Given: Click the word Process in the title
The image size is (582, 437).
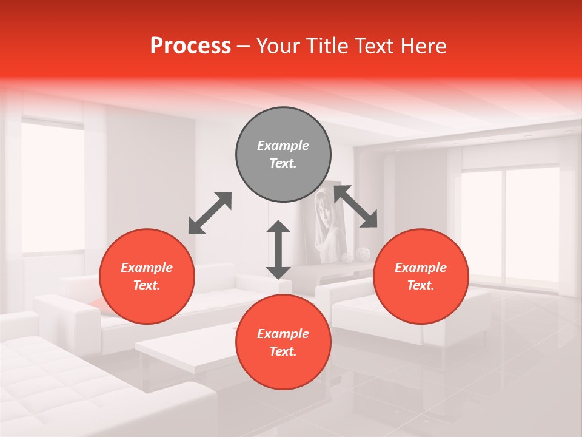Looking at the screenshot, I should point(190,46).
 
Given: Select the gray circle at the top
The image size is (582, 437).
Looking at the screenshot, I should point(283,155).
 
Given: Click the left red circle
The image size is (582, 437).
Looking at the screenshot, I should point(147,276).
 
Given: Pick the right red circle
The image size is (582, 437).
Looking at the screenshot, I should point(421,276).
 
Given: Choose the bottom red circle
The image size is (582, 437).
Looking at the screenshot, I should point(283,342).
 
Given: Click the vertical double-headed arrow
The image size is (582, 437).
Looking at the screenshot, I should point(278,249).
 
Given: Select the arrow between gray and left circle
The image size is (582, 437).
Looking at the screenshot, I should point(210,213).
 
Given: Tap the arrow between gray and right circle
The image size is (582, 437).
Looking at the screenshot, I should point(356,207).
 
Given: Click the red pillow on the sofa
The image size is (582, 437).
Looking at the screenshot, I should point(98,303).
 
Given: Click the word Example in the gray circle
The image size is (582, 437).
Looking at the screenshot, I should point(283,146).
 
